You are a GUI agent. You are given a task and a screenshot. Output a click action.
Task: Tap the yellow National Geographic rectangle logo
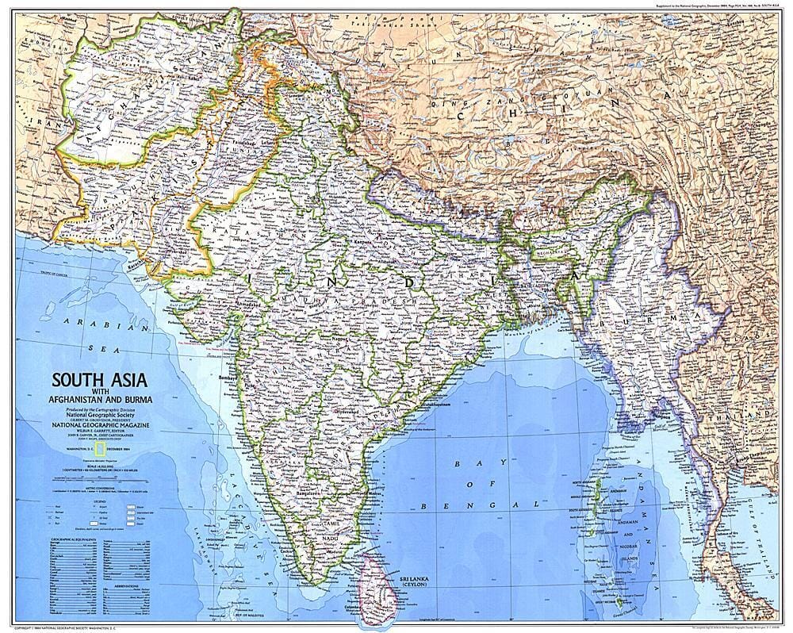(x=101, y=451)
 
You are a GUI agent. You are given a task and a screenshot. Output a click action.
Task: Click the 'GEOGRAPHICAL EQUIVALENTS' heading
(x=66, y=539)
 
